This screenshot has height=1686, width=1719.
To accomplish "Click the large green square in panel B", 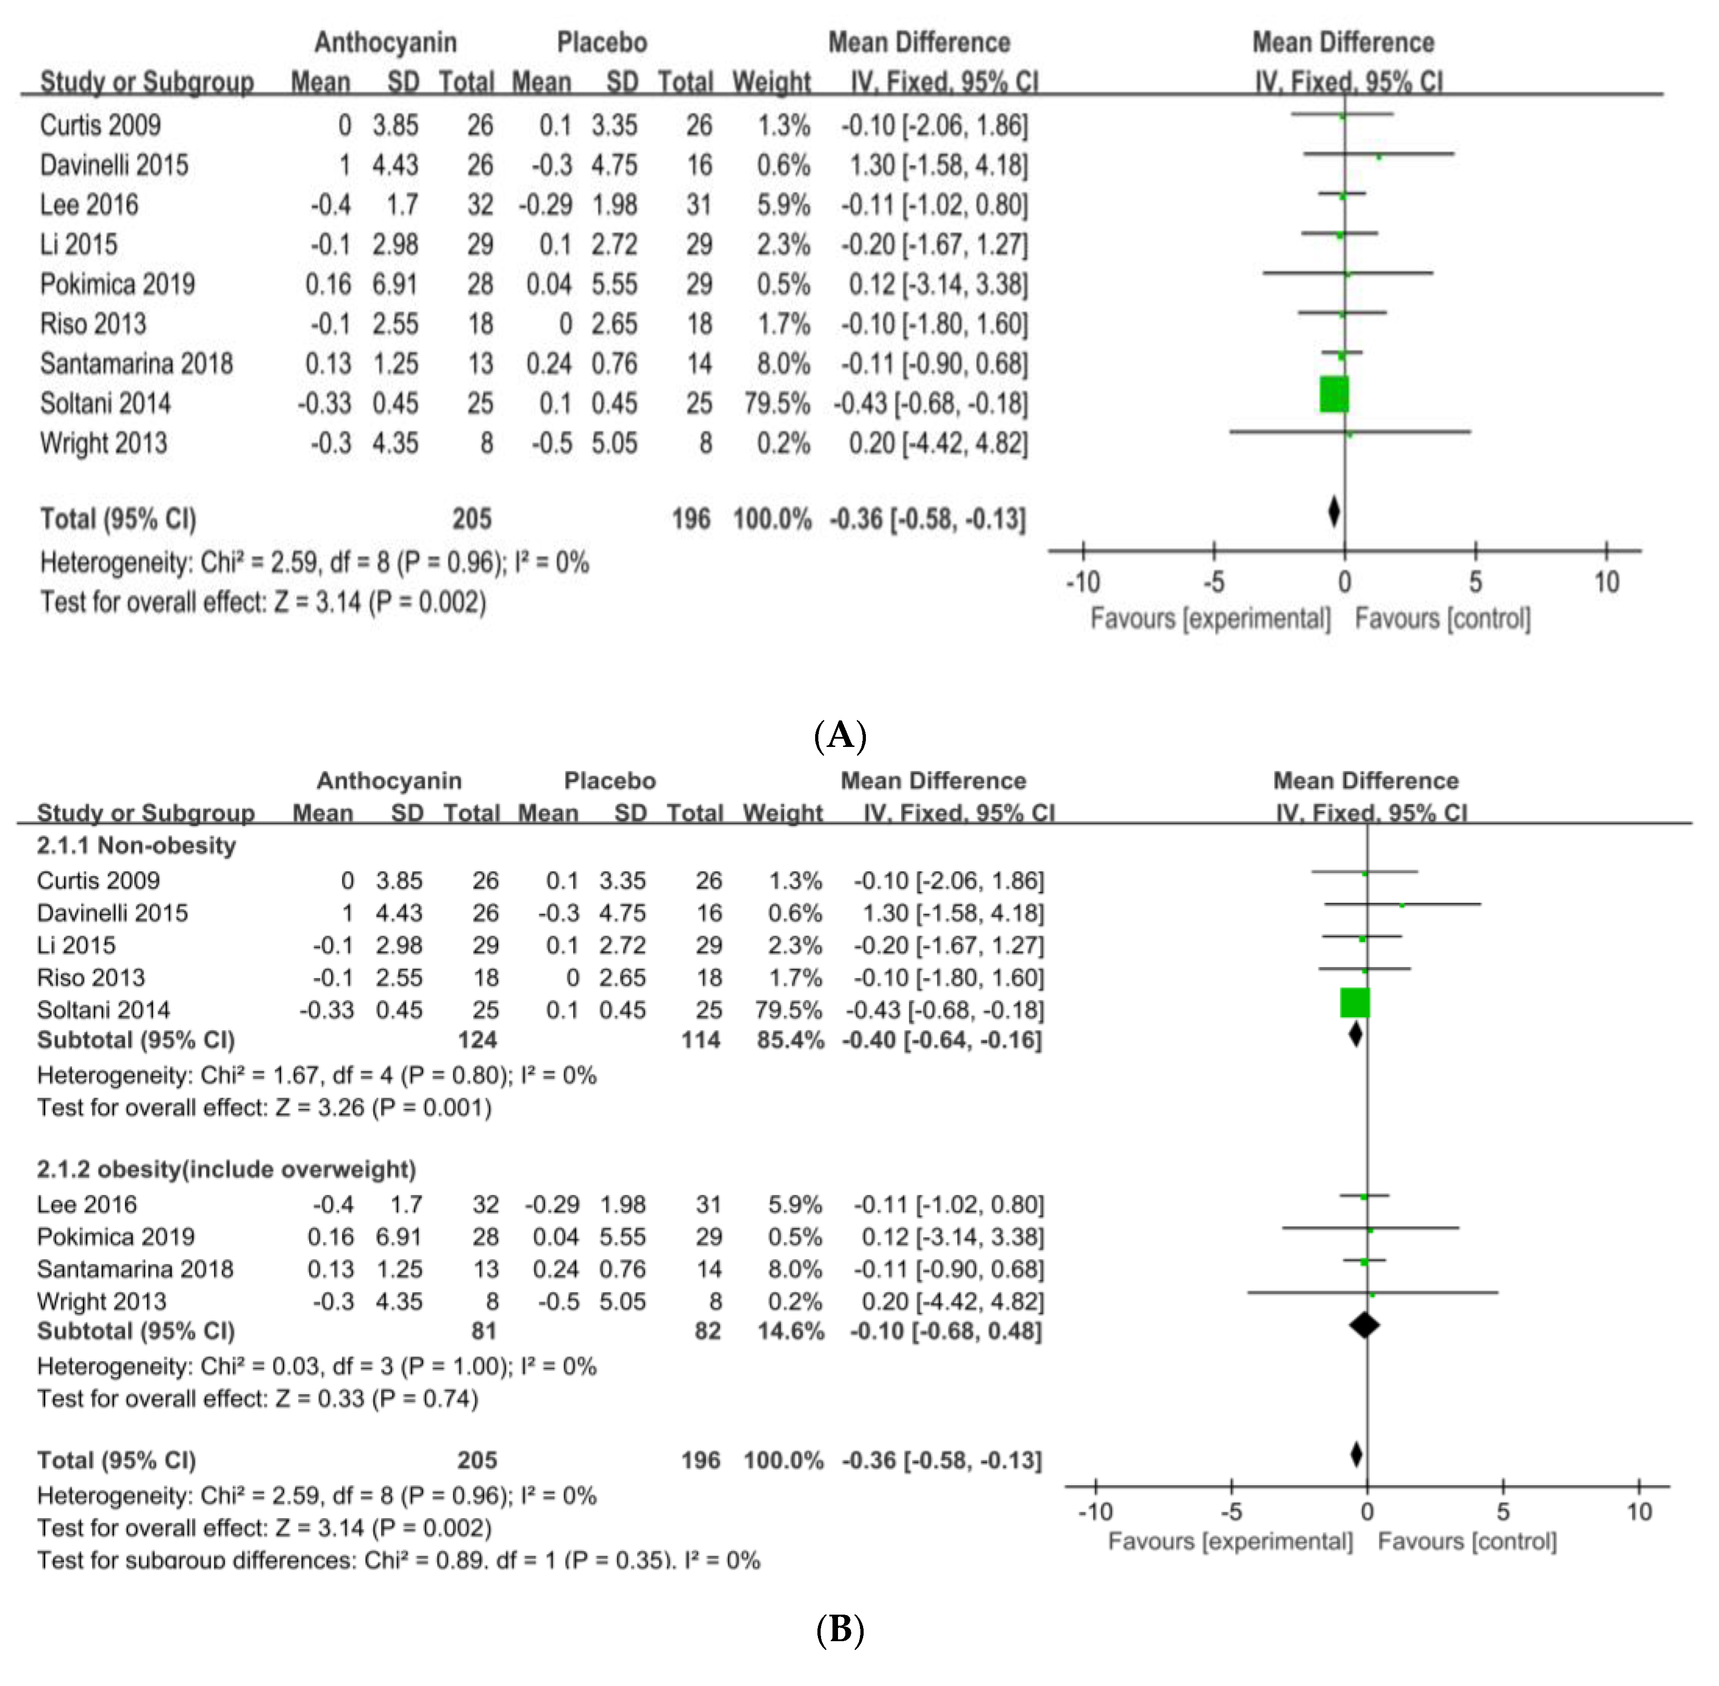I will pyautogui.click(x=1355, y=1002).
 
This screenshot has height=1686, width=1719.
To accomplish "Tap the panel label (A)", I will pyautogui.click(x=839, y=735).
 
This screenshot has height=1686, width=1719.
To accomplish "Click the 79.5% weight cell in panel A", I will pyautogui.click(x=777, y=404).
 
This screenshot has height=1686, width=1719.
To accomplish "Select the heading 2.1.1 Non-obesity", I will pyautogui.click(x=136, y=846).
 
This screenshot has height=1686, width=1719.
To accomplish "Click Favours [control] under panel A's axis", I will pyautogui.click(x=1442, y=618).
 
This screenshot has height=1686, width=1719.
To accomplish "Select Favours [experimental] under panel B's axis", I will pyautogui.click(x=1230, y=1541).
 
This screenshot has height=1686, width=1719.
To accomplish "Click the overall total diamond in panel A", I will pyautogui.click(x=1334, y=512).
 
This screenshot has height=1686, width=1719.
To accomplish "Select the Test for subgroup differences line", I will pyautogui.click(x=398, y=1560).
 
